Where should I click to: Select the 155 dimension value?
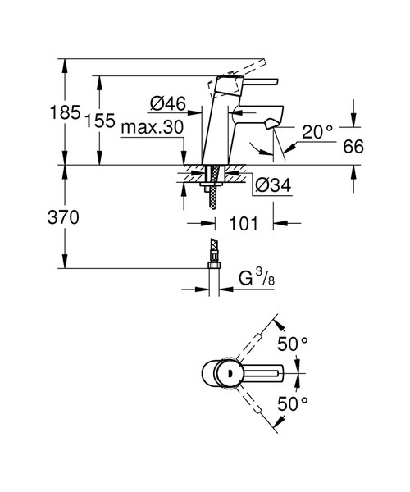coord(99,120)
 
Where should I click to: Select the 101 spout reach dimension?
coord(244,223)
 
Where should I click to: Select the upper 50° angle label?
coord(293,345)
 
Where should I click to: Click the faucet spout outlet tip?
coord(271,124)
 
